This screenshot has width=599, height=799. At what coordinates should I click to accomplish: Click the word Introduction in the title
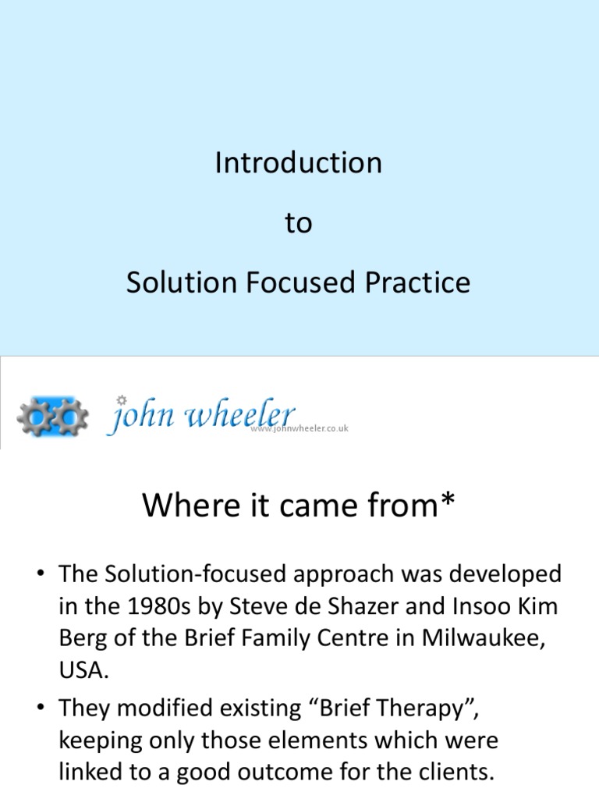point(299,163)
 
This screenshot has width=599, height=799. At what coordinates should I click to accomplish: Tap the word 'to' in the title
point(298,223)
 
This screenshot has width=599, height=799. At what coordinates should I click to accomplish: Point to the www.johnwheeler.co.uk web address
point(299,428)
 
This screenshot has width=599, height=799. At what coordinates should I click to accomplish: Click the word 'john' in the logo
point(142,415)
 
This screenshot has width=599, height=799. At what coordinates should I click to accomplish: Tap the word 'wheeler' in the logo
point(239,414)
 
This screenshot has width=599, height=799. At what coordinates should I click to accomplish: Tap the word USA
point(81,669)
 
